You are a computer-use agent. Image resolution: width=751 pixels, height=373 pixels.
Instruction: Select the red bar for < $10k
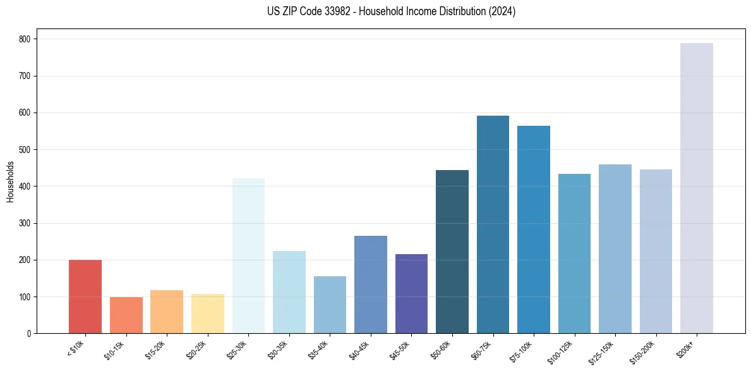(x=85, y=297)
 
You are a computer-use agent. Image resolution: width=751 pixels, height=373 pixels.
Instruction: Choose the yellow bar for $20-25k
(x=208, y=314)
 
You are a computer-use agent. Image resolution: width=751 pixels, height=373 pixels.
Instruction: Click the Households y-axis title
(x=10, y=181)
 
